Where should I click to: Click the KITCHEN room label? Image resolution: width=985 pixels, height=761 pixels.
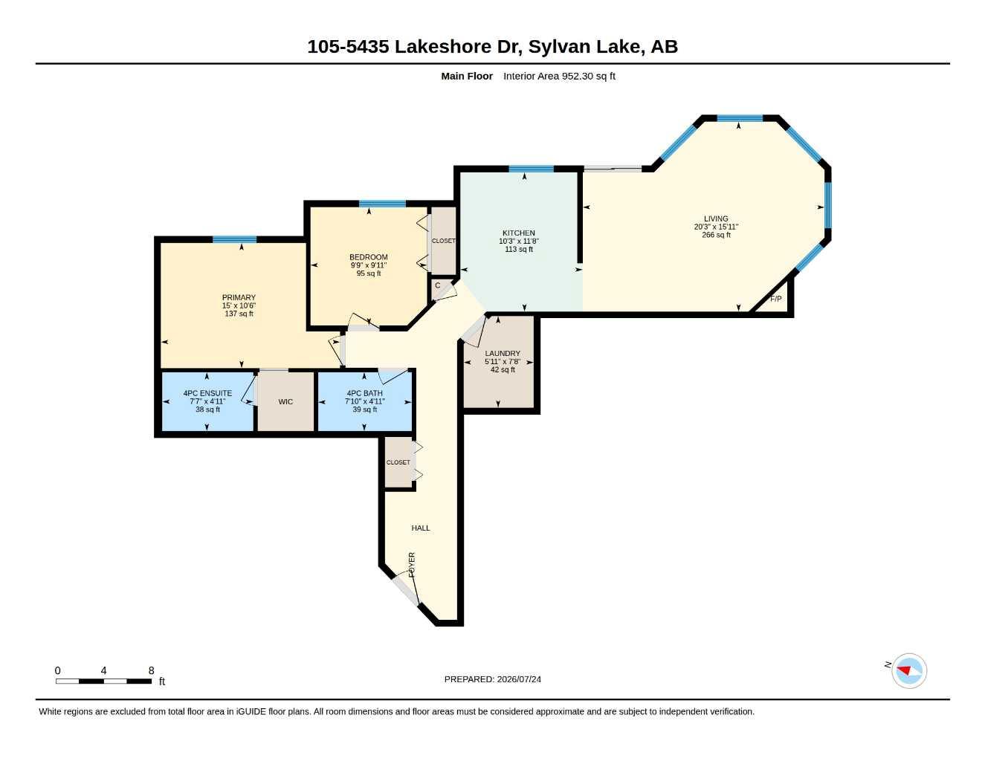coord(519,233)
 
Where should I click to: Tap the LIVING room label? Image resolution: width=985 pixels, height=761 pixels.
coord(716,218)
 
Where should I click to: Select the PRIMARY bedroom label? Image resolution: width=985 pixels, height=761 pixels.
coord(239,297)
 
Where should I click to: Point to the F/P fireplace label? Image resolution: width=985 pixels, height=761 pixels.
coord(775,299)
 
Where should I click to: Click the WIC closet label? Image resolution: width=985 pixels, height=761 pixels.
coord(285,402)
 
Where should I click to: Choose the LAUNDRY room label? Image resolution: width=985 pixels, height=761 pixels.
coord(503,353)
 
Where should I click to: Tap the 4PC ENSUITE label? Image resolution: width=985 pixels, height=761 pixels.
coord(207,393)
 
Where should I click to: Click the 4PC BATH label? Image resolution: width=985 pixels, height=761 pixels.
coord(364,393)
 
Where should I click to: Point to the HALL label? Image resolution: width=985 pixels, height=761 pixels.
coord(421,528)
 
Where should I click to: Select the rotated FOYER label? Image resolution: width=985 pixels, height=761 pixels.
coord(412,564)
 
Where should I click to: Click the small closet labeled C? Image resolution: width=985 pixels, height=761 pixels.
coord(437,285)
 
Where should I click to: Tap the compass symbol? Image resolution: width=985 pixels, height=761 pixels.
coord(909,671)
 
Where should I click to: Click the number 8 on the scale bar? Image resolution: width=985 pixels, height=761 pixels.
coord(151,670)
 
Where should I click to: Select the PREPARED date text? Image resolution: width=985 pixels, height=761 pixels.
coord(492,679)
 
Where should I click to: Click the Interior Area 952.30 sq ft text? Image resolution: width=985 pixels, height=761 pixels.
coord(559,76)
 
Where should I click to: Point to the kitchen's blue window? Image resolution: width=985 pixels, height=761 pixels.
coord(531,169)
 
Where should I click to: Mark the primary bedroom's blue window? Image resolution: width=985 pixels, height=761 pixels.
coord(234,239)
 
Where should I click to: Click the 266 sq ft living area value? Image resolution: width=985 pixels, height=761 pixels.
coord(716,235)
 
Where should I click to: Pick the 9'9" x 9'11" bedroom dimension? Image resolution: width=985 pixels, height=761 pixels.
coord(368,265)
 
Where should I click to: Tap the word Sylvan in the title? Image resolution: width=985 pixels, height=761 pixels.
coord(558,47)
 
